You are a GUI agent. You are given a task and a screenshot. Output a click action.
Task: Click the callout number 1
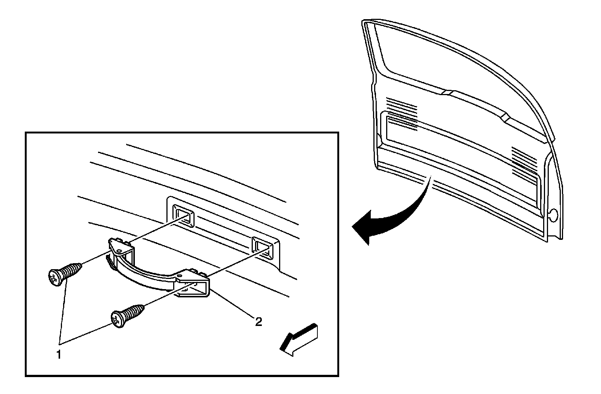[59, 354]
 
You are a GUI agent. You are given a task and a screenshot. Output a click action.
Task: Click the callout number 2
[258, 321]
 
